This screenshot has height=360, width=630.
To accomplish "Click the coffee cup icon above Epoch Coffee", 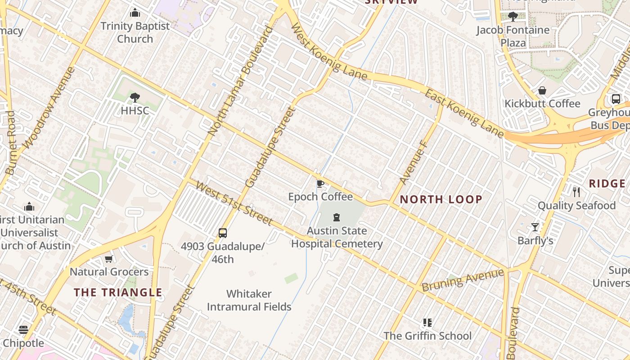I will point(320,184).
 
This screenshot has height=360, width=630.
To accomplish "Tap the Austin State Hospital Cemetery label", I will point(337,237).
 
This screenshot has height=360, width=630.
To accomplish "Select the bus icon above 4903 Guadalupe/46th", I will point(223,233).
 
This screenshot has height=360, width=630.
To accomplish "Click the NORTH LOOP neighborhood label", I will point(441,199).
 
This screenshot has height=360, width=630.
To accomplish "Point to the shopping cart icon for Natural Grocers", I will point(108,259).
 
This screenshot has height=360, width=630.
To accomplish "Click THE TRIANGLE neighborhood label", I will point(118,292).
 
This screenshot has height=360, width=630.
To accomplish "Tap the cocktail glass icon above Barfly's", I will point(535,227).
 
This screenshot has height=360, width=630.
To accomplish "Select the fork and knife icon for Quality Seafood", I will point(576,192).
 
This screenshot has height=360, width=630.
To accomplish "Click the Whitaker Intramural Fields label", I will point(249,300).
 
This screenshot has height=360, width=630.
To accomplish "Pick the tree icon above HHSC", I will point(135,97).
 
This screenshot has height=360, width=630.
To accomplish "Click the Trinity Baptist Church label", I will point(135,32).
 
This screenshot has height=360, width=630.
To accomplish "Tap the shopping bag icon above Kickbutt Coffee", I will point(542,90).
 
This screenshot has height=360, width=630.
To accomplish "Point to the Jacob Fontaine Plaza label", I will point(513,36).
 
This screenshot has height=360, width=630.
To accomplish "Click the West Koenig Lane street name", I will point(330,53).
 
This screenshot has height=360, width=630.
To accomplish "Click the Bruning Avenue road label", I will point(463,280).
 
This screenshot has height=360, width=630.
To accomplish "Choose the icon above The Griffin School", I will point(427,323).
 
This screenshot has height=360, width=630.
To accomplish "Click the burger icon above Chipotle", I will point(23,330).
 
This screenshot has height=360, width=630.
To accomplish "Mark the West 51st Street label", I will point(234,204).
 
